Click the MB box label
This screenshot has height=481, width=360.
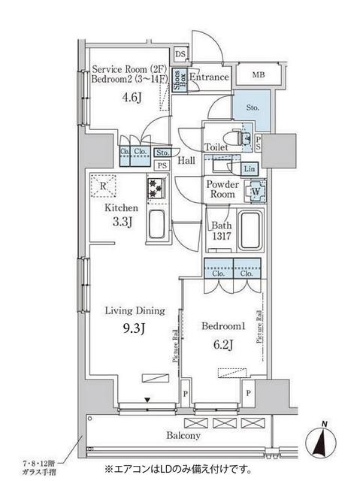(258, 74)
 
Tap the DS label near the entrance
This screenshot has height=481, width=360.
(180, 54)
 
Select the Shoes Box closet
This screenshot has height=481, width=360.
(177, 79)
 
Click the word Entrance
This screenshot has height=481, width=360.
(208, 77)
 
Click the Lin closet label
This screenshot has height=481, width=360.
(250, 168)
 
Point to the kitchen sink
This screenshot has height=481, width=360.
(157, 224)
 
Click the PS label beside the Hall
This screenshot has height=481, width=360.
(162, 166)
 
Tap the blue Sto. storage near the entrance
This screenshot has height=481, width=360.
(252, 108)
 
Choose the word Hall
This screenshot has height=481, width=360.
(187, 161)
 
